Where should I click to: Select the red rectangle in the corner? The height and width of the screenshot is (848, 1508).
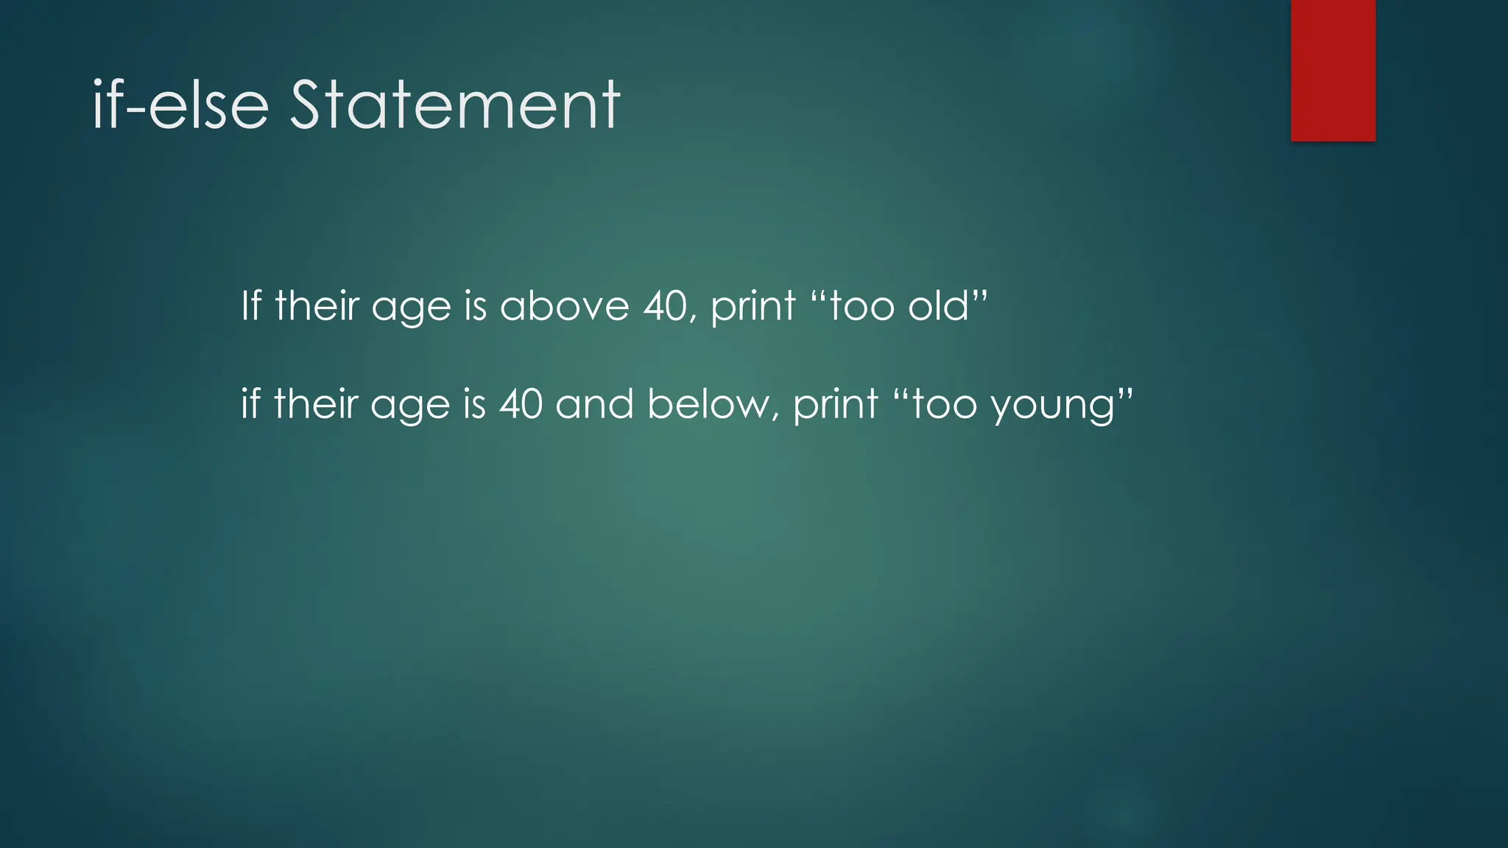tap(1333, 70)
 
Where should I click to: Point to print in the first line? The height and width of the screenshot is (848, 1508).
tap(753, 307)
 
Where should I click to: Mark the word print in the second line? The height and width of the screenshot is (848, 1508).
tap(836, 406)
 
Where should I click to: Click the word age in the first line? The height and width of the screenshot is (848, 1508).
tap(411, 308)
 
